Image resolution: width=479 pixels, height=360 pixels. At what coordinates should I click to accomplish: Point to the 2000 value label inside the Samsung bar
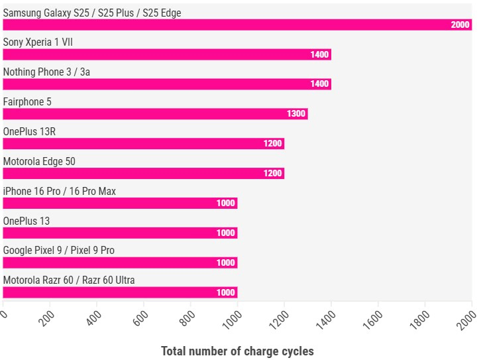click(460, 25)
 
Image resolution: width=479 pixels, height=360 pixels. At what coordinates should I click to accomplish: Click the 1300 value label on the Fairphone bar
click(296, 114)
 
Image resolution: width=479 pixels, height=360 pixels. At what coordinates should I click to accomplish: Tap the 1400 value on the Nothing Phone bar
click(319, 84)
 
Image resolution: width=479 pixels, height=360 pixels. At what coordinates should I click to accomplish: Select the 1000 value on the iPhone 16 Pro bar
click(225, 203)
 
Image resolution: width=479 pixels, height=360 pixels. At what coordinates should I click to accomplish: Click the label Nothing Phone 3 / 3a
click(46, 72)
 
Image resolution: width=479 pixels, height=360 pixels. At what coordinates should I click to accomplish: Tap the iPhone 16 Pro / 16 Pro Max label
click(59, 191)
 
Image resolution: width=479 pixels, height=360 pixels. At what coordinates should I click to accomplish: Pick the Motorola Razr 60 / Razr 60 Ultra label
click(68, 280)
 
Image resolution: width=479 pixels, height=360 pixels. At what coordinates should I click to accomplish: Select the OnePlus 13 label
click(26, 221)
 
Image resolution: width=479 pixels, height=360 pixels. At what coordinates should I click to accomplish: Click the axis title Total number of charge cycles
click(237, 351)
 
